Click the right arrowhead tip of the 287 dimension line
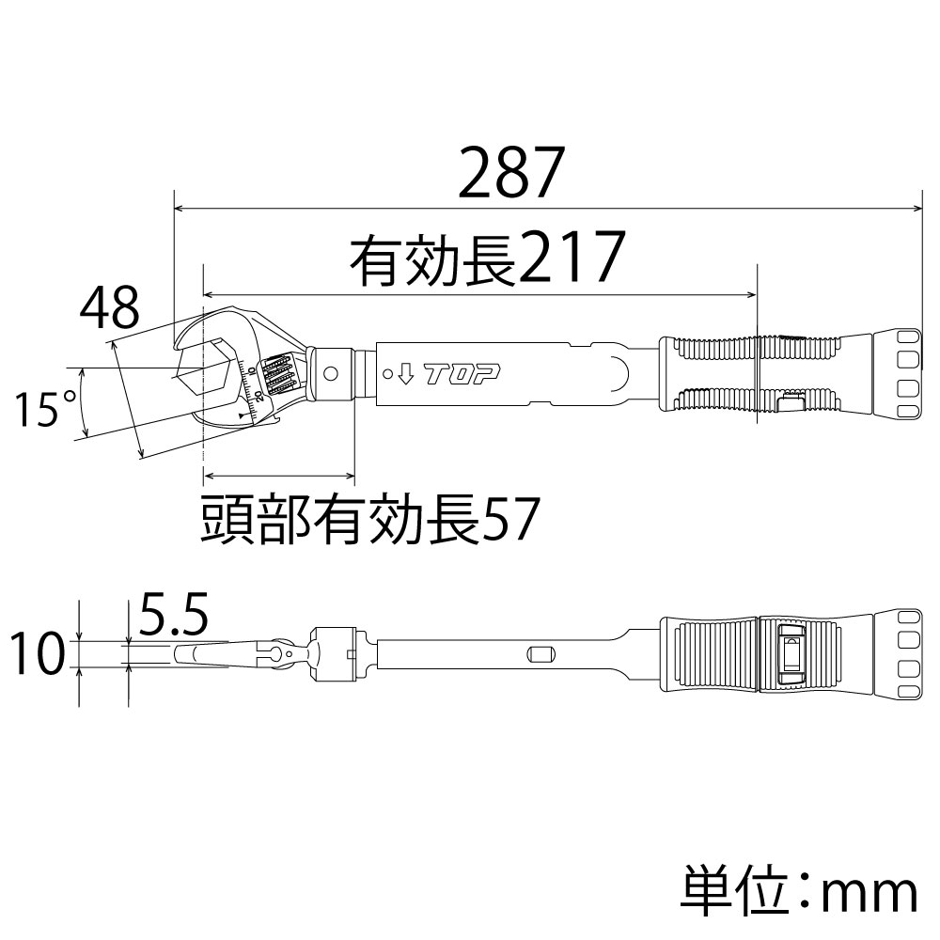click(922, 209)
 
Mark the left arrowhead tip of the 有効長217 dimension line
click(204, 294)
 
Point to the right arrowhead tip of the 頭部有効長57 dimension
click(355, 476)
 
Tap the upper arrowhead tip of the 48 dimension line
click(112, 342)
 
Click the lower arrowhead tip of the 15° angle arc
click(86, 436)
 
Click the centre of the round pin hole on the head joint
click(330, 374)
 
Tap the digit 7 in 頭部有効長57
click(523, 519)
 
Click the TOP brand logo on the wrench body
click(462, 375)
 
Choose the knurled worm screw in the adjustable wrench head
click(279, 376)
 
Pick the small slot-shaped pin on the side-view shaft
click(540, 654)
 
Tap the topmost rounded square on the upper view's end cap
click(908, 338)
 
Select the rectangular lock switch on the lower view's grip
click(791, 654)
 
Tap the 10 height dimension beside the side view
click(38, 653)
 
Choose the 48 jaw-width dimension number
click(110, 307)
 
